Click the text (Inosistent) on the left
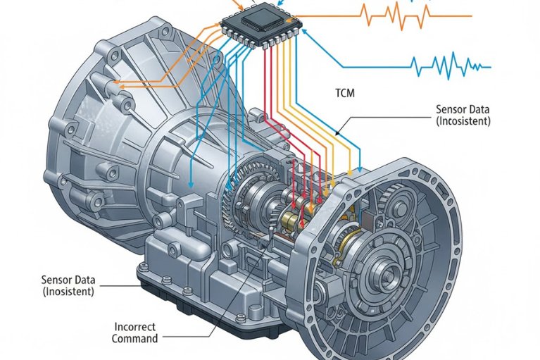[68, 291]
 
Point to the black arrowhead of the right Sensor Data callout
[336, 135]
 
